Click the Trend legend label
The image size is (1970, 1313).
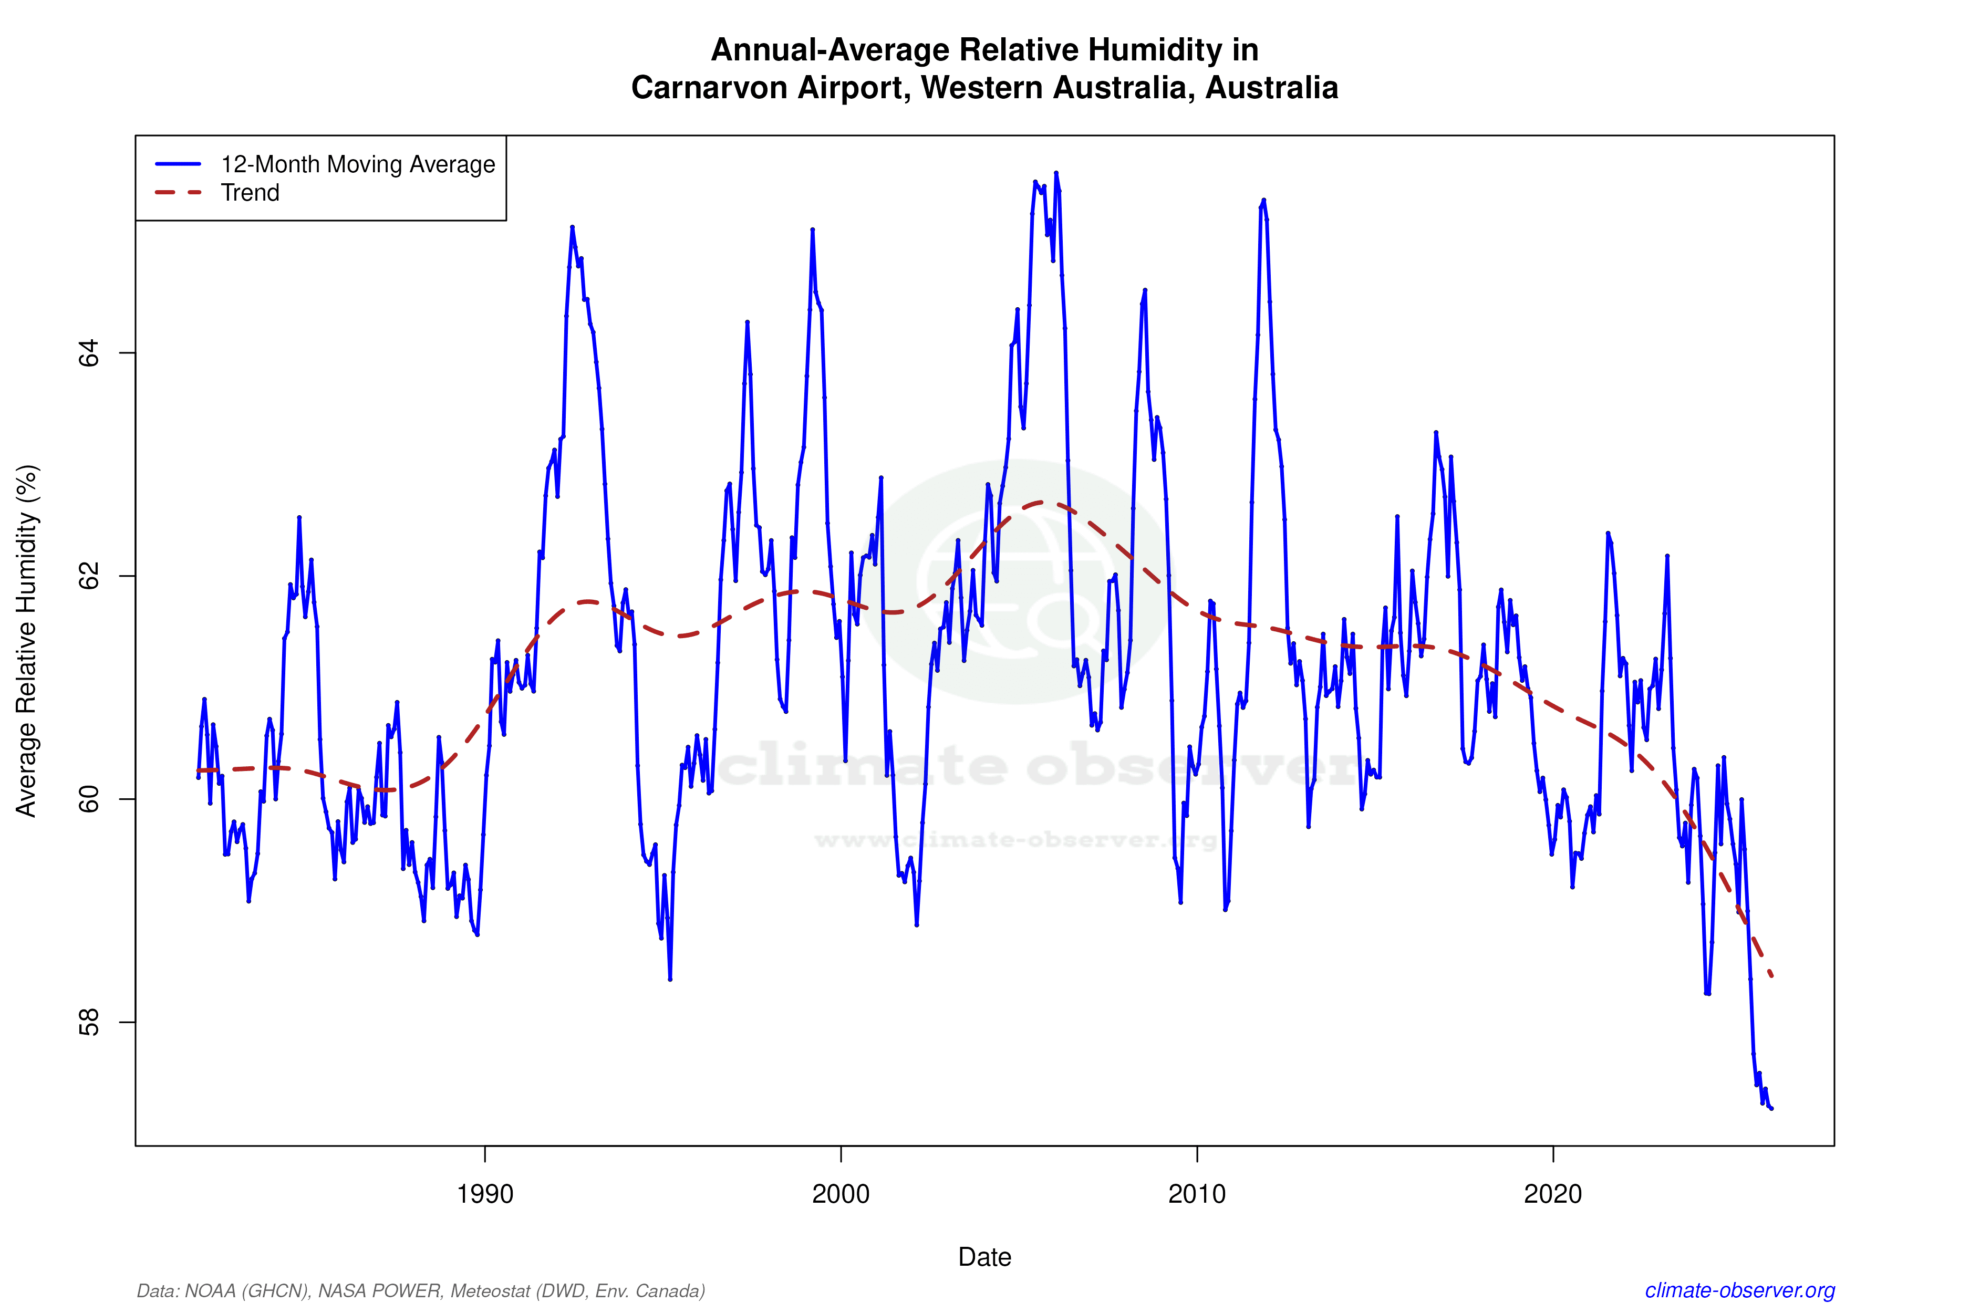click(x=250, y=193)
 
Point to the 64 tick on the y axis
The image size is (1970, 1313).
click(x=89, y=352)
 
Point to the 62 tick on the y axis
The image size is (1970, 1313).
click(x=89, y=576)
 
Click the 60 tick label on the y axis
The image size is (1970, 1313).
click(x=89, y=799)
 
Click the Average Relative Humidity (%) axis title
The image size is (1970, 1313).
click(x=27, y=641)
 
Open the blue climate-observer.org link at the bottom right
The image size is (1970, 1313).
click(x=1740, y=1290)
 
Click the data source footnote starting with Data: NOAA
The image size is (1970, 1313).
click(x=420, y=1290)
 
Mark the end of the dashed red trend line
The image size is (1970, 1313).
click(x=1771, y=975)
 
